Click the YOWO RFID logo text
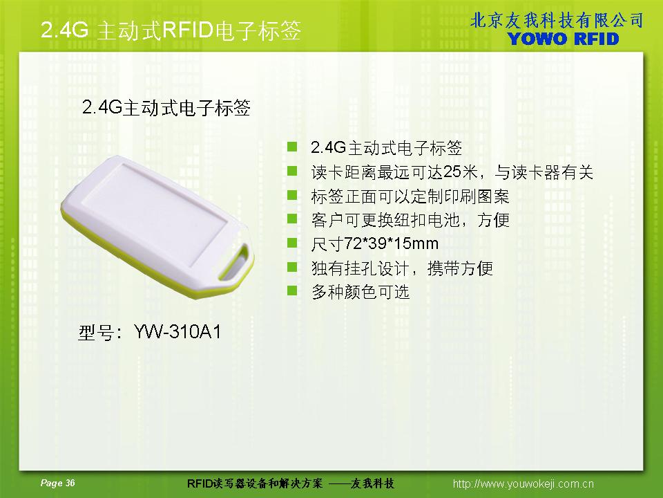(x=563, y=39)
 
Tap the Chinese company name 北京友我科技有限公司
(x=557, y=20)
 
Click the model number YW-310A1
(x=177, y=332)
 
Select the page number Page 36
(x=57, y=483)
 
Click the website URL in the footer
(x=523, y=483)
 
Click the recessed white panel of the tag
(x=157, y=212)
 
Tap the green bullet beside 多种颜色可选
(x=292, y=291)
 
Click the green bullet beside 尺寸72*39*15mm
(x=292, y=243)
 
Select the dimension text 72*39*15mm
(x=391, y=243)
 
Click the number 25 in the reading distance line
(x=452, y=172)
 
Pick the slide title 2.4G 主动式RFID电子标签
(x=171, y=30)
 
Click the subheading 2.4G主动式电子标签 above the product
(x=166, y=108)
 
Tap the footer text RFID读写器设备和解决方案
(x=255, y=483)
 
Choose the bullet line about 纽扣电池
(x=410, y=220)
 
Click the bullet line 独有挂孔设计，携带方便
(x=402, y=268)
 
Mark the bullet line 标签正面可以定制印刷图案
(x=410, y=196)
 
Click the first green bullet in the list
(x=292, y=147)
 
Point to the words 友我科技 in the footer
(x=372, y=483)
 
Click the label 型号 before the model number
(x=95, y=333)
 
